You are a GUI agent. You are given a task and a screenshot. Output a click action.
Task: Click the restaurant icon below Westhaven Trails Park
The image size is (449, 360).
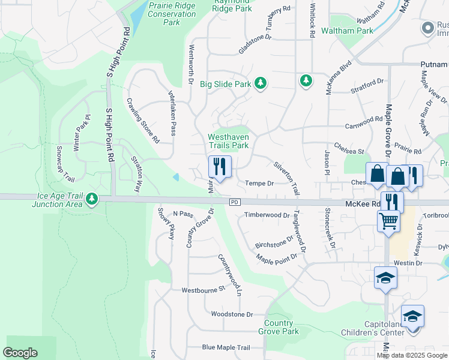pyautogui.click(x=220, y=167)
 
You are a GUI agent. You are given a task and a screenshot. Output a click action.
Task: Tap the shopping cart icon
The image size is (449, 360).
pyautogui.click(x=388, y=221)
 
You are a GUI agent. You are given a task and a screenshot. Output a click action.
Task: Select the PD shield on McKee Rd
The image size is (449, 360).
pyautogui.click(x=235, y=203)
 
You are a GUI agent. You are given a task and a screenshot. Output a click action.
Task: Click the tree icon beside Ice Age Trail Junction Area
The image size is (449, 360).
pyautogui.click(x=91, y=198)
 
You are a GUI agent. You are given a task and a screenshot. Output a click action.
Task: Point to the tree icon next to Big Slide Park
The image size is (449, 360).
pyautogui.click(x=261, y=84)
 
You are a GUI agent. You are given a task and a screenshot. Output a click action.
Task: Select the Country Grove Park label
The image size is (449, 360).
pyautogui.click(x=279, y=327)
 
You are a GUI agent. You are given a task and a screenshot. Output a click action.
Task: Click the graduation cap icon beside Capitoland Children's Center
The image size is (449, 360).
pyautogui.click(x=412, y=316)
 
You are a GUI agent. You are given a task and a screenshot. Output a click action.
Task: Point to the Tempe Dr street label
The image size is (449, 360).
pyautogui.click(x=260, y=184)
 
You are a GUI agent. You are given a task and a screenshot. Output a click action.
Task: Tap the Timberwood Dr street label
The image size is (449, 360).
pyautogui.click(x=267, y=215)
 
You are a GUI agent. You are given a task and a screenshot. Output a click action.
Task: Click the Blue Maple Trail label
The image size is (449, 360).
pyautogui.click(x=226, y=347)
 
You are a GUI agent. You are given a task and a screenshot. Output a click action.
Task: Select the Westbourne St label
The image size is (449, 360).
pyautogui.click(x=203, y=289)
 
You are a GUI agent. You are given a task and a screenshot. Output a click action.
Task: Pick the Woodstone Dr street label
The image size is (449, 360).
pyautogui.click(x=232, y=314)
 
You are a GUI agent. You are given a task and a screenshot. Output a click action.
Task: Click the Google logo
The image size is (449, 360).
pyautogui.click(x=20, y=352)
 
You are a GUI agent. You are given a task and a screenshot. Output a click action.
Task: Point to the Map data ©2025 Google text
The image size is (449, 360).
pyautogui.click(x=412, y=355)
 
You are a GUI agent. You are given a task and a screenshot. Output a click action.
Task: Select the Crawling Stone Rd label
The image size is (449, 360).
pyautogui.click(x=142, y=121)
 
